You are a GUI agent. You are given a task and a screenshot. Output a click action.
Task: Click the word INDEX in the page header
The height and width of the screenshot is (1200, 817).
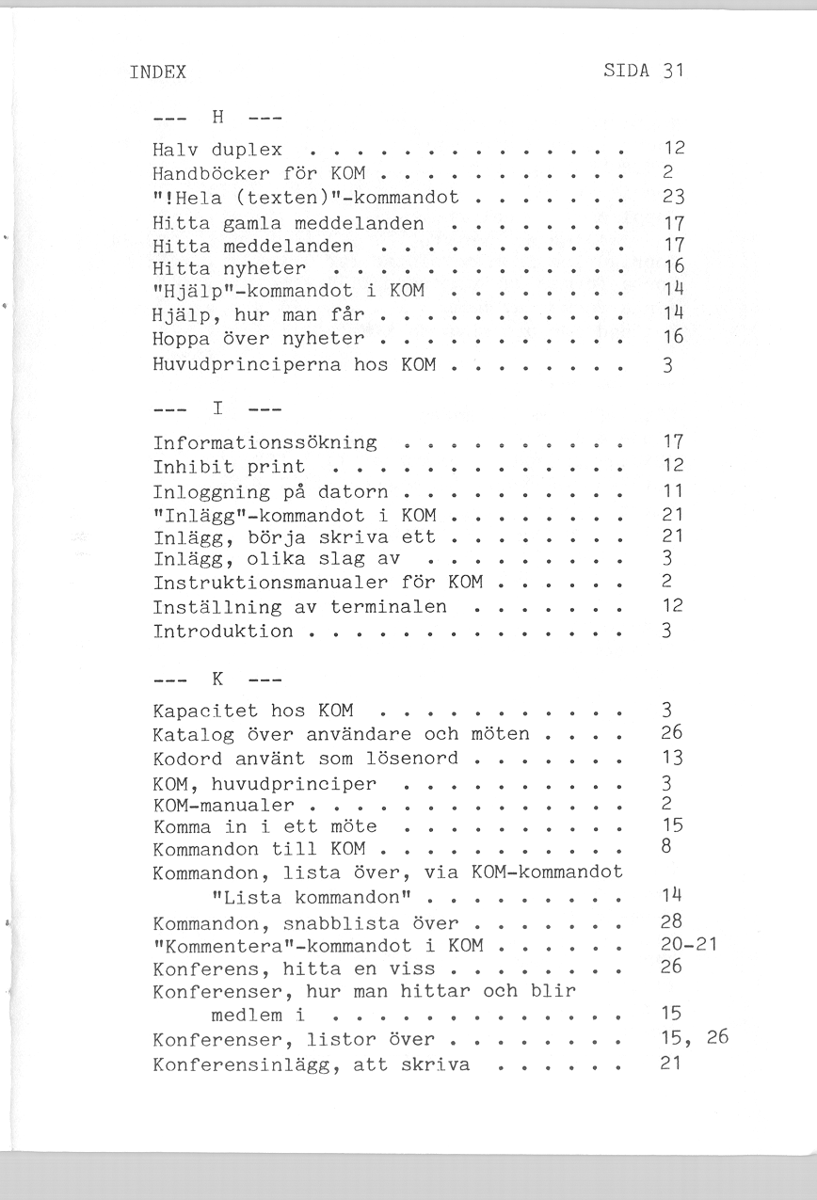157,72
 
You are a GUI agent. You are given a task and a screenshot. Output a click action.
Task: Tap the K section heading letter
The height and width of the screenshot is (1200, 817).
217,678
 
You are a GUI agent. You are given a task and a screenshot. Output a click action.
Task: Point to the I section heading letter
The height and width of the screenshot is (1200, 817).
217,409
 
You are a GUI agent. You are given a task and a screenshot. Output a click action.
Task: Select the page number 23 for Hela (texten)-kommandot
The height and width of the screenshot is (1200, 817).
672,199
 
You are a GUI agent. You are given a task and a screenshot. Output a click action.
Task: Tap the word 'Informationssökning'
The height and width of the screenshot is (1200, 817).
264,442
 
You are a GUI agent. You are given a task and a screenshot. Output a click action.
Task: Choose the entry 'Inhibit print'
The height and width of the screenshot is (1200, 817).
229,467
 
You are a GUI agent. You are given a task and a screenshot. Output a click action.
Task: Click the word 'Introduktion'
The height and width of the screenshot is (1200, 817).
223,632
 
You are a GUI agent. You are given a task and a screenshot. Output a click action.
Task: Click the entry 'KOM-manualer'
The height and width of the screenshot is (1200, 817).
223,806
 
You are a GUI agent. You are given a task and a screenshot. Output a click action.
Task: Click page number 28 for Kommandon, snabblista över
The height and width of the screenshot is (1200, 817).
672,921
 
